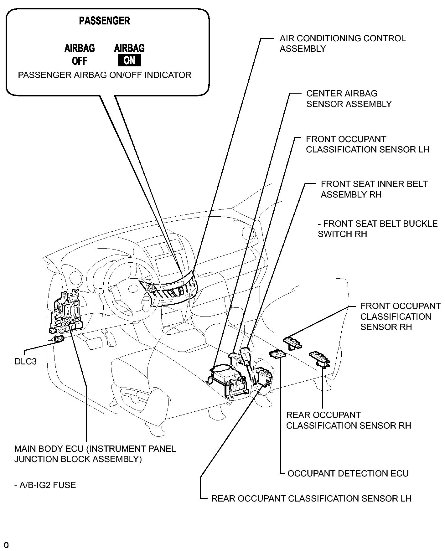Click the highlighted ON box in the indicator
[129, 60]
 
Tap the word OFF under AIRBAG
[80, 61]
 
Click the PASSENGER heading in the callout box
[105, 21]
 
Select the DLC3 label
[26, 362]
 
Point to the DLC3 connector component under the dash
[59, 338]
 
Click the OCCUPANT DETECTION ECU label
[348, 473]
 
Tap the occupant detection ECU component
[277, 353]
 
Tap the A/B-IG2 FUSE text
[45, 485]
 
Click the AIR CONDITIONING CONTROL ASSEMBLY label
[343, 44]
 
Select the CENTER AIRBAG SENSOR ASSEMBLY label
[349, 99]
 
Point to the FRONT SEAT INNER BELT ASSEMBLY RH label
[374, 189]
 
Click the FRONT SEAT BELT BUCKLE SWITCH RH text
[378, 229]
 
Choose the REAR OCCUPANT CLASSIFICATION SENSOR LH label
[311, 498]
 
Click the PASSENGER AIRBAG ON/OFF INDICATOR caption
[105, 75]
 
